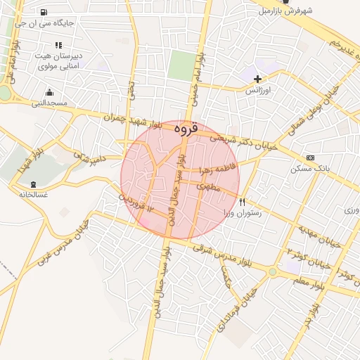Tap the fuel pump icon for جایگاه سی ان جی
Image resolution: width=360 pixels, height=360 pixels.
pos(45,13)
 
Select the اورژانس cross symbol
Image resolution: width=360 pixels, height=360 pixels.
pos(258,79)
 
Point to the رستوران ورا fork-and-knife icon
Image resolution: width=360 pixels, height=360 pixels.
pos(243,200)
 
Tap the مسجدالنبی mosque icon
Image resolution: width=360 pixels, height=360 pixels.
pos(49,92)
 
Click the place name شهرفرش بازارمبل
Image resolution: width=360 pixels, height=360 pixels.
pos(284,11)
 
